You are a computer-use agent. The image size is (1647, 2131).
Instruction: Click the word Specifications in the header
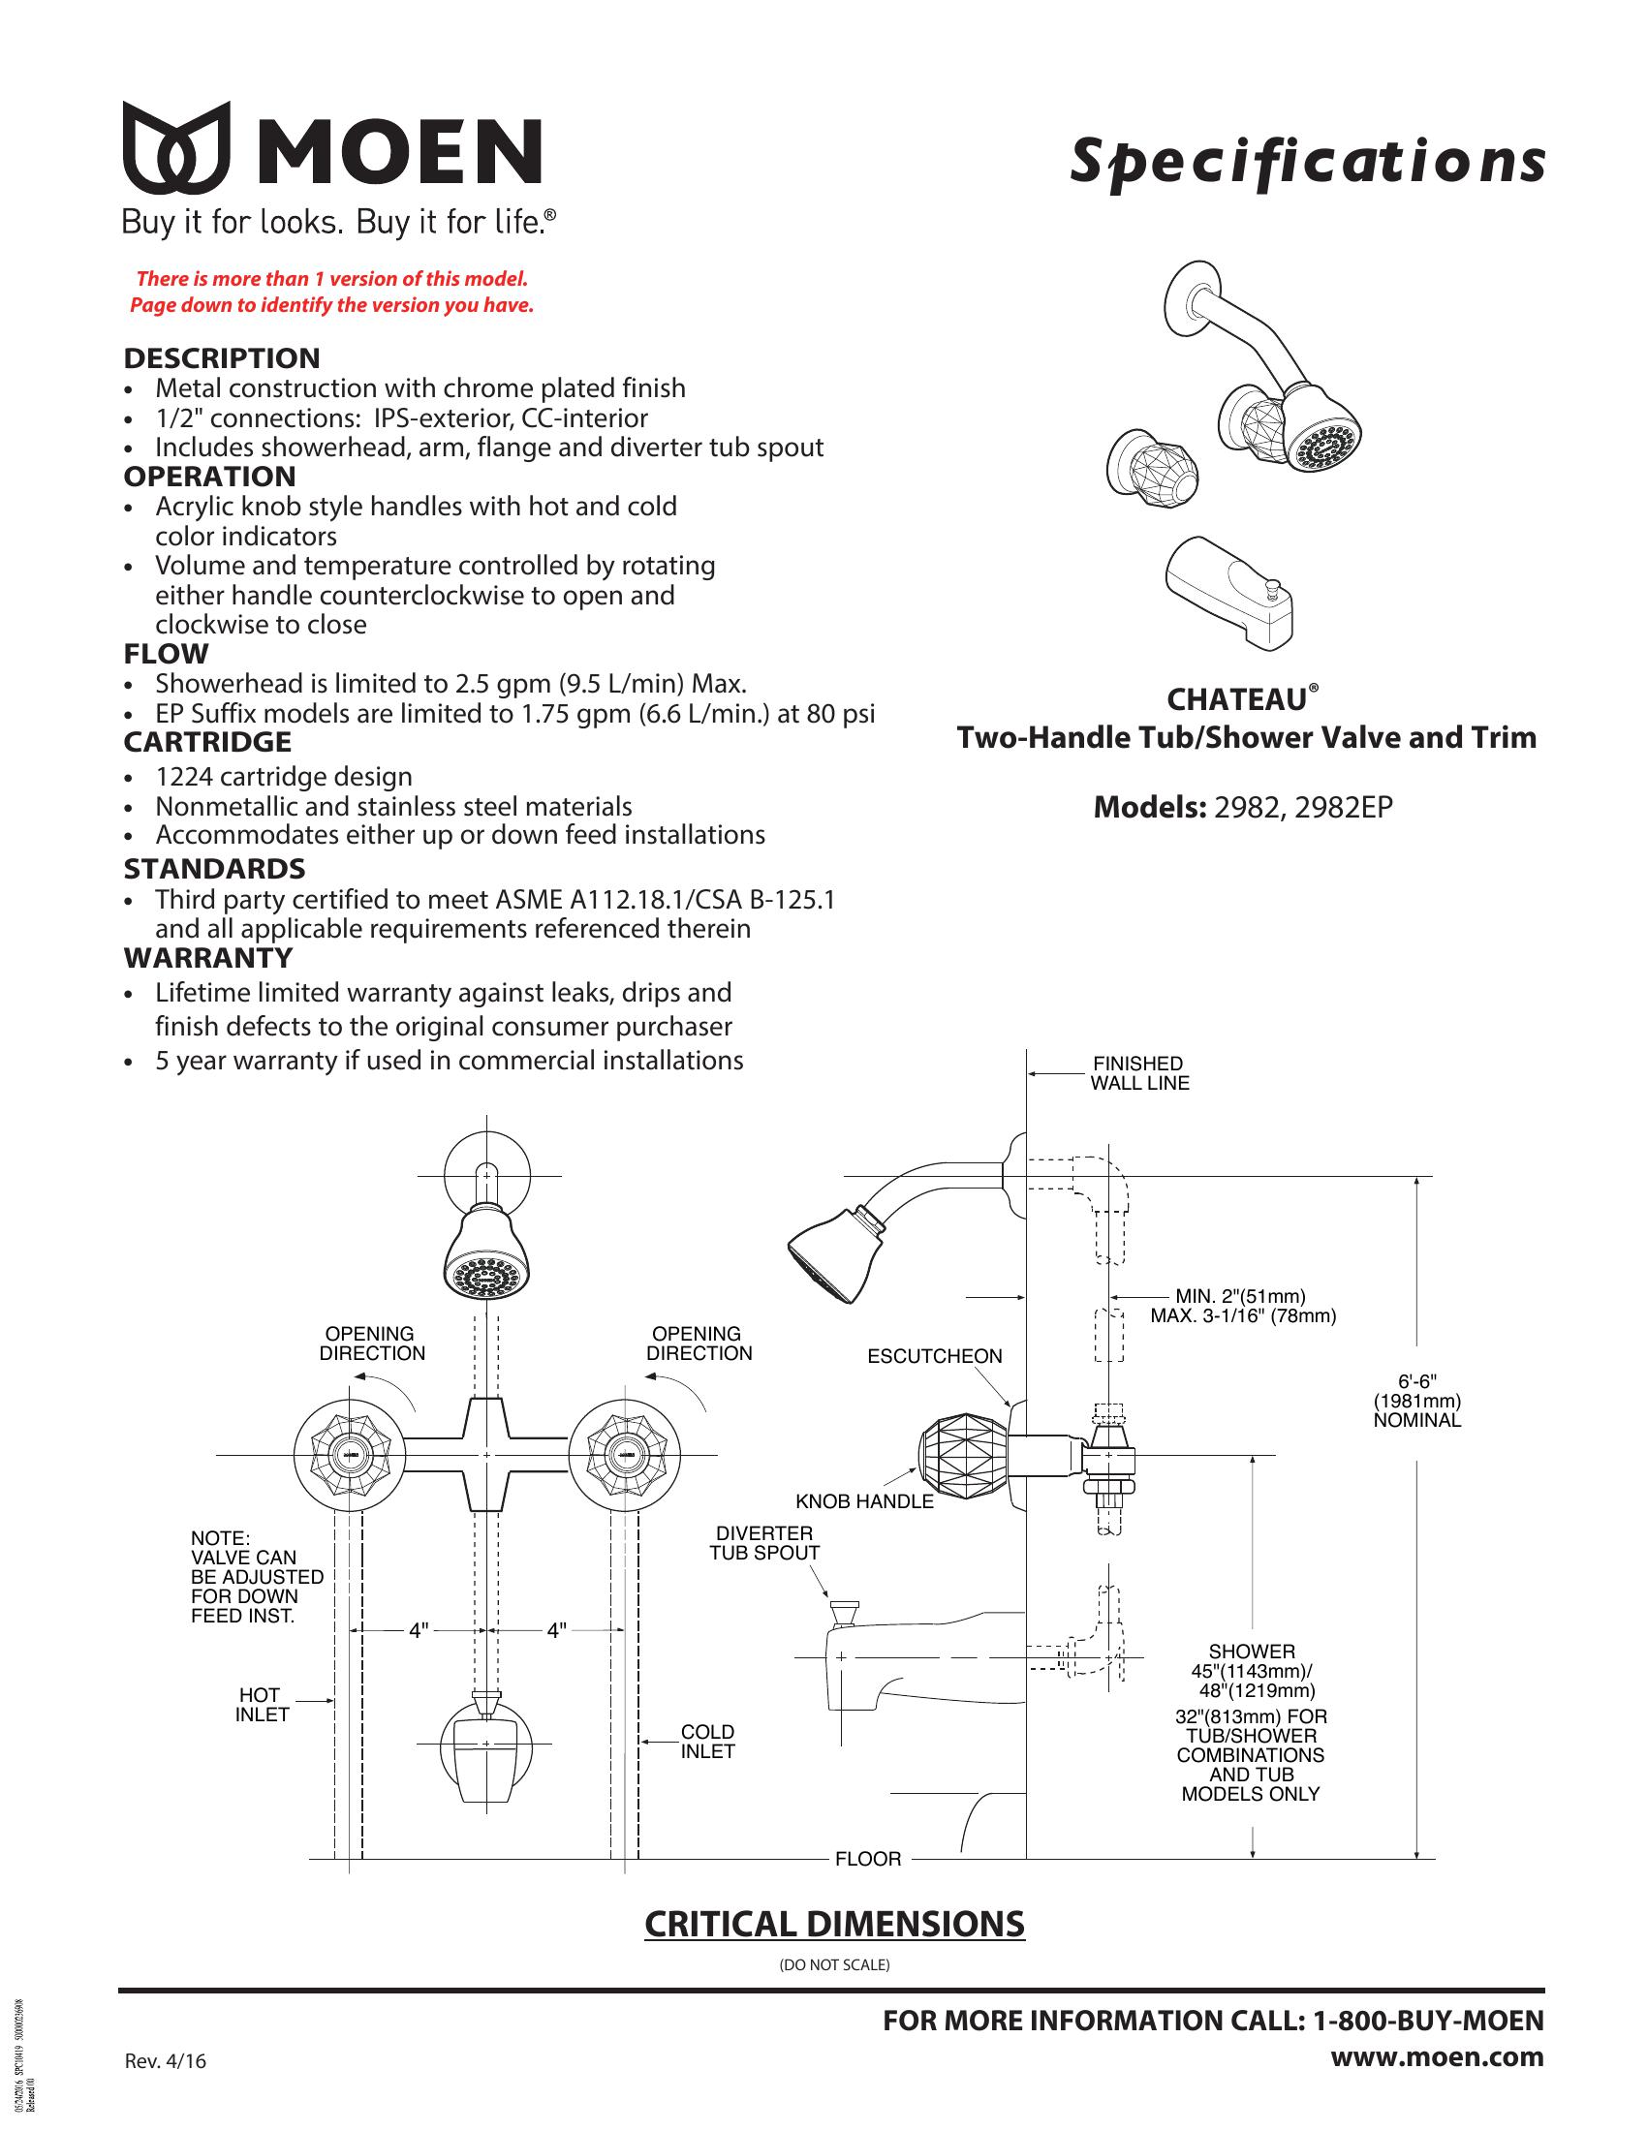[x=1307, y=163]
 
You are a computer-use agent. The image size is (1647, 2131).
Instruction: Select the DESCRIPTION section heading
[x=222, y=358]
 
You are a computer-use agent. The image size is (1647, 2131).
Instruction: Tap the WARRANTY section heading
[x=208, y=958]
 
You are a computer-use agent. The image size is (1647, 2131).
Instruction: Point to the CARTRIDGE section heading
[x=207, y=743]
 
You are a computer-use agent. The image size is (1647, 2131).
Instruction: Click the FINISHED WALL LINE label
[x=1138, y=1073]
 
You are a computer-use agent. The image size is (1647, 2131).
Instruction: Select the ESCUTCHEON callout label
[x=935, y=1356]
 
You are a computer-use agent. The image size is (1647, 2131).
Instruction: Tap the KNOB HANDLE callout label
[x=864, y=1501]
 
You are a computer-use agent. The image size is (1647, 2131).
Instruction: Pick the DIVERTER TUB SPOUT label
[x=765, y=1543]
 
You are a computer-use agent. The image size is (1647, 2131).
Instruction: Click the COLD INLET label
[x=707, y=1742]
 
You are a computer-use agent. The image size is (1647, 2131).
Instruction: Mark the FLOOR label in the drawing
[x=867, y=1860]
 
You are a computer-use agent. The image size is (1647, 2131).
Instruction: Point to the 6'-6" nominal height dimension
[x=1416, y=1401]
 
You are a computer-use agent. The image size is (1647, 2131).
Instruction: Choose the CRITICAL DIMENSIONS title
[x=834, y=1924]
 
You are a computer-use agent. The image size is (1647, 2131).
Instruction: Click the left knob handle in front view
[x=349, y=1455]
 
